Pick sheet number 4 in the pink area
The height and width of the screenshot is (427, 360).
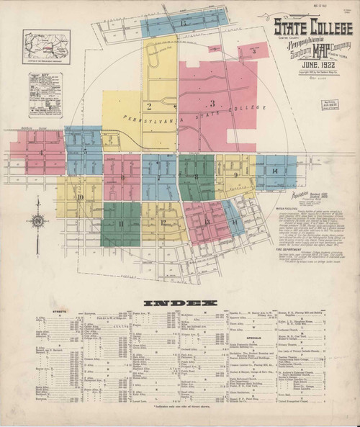click(40, 153)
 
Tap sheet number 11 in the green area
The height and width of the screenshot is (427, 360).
click(121, 224)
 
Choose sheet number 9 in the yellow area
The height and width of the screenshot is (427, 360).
click(236, 174)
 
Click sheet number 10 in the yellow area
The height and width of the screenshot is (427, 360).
click(81, 197)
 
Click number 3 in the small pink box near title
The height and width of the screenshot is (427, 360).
click(254, 52)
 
